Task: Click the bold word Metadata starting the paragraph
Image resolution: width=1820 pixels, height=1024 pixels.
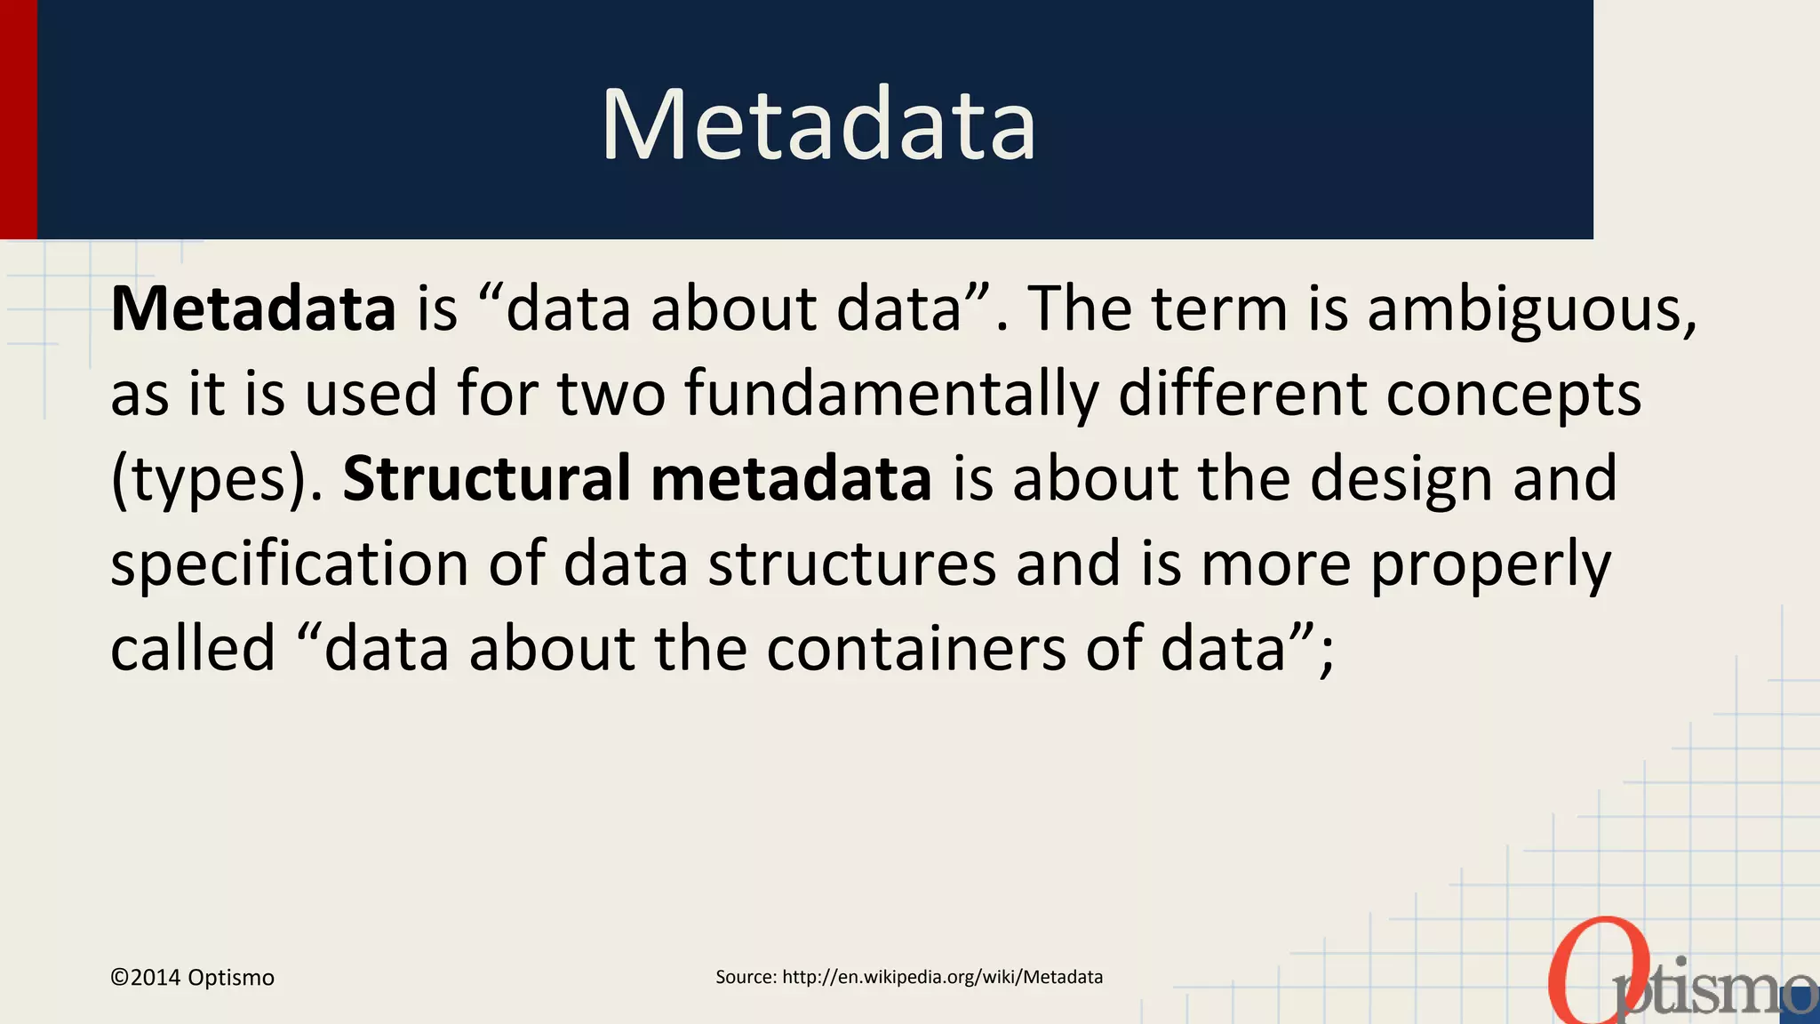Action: point(253,309)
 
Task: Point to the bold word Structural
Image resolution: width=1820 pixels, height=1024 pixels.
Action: point(486,478)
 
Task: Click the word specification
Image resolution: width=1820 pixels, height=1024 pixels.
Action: point(289,564)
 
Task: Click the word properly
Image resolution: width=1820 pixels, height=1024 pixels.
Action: point(1490,564)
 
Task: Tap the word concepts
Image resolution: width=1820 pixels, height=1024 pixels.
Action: point(1513,394)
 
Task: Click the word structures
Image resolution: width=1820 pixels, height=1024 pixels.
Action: point(851,564)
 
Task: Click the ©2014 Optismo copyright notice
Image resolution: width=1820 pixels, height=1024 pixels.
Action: point(192,978)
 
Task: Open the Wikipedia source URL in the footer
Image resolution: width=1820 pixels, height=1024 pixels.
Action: point(942,977)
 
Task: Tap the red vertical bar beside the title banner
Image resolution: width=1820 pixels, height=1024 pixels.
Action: point(18,119)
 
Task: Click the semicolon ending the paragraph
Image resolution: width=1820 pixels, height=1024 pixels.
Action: point(1327,658)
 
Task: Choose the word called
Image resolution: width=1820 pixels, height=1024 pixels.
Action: point(193,649)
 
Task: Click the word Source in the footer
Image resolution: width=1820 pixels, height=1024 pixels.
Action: point(745,977)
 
